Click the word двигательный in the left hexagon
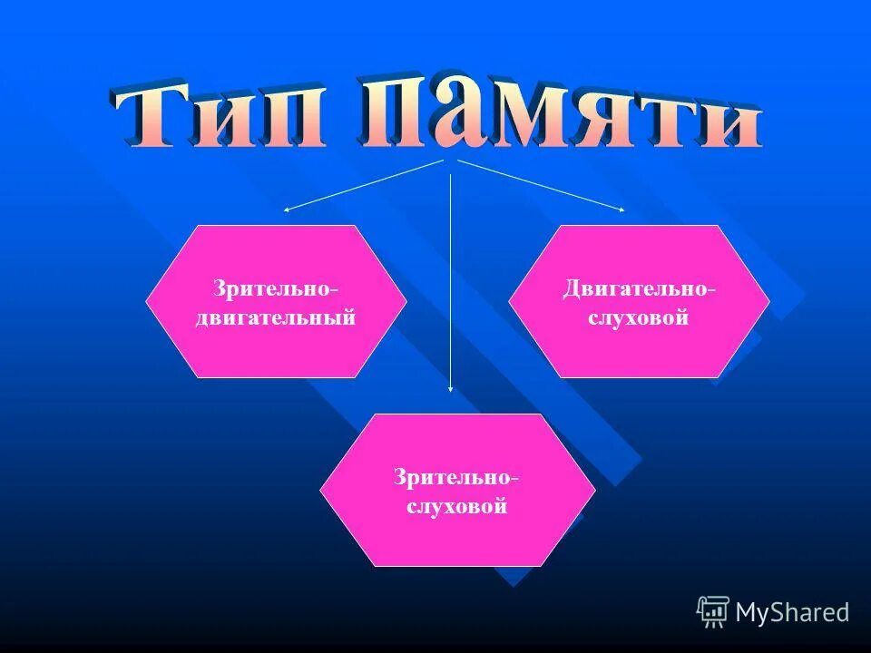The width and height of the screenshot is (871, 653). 276,318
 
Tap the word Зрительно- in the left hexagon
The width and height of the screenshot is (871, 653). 276,288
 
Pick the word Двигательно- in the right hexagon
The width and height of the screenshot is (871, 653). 639,288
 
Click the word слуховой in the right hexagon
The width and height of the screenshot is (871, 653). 639,318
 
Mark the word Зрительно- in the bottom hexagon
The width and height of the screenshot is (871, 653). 456,476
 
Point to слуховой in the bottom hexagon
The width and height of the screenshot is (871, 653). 456,506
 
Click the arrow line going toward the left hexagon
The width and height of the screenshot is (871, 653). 363,186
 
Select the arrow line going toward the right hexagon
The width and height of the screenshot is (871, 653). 540,185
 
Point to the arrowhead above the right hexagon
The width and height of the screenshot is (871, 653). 621,210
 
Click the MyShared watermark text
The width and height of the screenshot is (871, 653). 792,612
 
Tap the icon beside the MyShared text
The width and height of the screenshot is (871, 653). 713,612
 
